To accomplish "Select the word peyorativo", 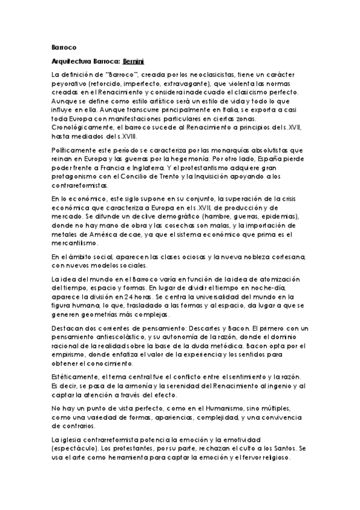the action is pyautogui.click(x=70, y=83).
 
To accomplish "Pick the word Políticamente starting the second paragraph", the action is pyautogui.click(x=73, y=148).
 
